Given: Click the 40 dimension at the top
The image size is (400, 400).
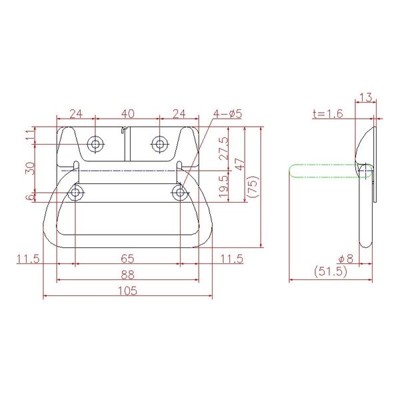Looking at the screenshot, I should click(x=127, y=114).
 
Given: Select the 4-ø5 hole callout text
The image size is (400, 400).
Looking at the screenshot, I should click(x=228, y=114).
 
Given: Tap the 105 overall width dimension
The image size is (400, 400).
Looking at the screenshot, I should click(x=127, y=291).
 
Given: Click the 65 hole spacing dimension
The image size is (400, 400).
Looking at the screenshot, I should click(x=127, y=258).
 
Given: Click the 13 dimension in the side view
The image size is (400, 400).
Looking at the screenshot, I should click(x=366, y=98).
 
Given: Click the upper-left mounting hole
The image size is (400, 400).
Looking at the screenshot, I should click(x=96, y=143).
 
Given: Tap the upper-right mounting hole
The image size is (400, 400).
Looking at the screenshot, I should click(x=159, y=143).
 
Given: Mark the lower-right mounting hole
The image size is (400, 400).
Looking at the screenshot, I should click(x=179, y=193).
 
